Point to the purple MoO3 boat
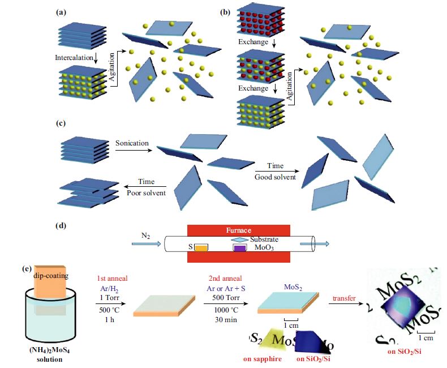240,248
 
